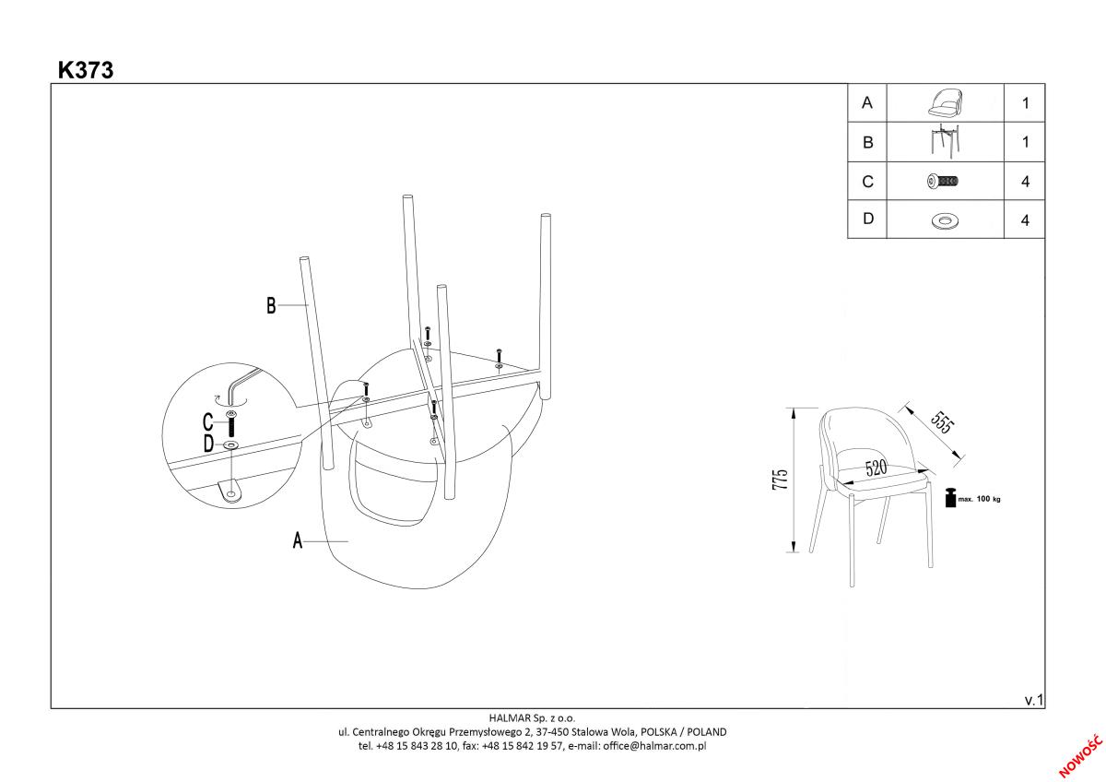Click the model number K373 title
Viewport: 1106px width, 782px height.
click(86, 70)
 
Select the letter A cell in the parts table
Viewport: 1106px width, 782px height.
click(866, 103)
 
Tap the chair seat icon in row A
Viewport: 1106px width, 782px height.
click(944, 103)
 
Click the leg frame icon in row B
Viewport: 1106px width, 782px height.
click(944, 142)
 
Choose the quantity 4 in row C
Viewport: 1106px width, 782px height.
click(1025, 182)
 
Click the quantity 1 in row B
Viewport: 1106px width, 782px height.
click(1025, 143)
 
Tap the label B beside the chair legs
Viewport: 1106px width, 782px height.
click(271, 306)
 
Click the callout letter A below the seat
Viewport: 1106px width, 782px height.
click(298, 541)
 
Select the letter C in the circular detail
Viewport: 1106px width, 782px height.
click(207, 423)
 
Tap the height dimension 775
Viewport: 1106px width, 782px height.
click(781, 480)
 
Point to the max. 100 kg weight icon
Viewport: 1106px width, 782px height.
click(949, 497)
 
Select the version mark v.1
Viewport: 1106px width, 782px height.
click(1033, 701)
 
